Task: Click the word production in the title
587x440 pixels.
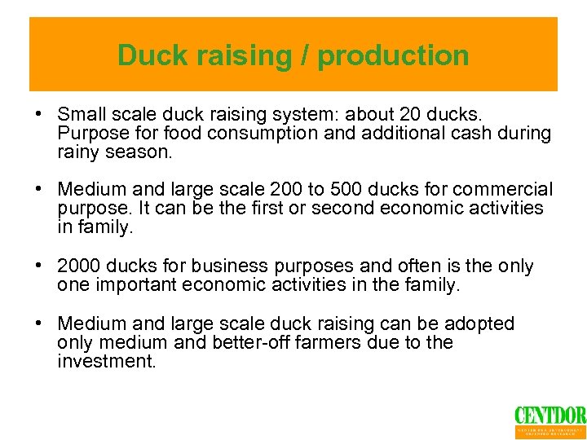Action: click(x=393, y=55)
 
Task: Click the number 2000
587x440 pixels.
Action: click(x=80, y=266)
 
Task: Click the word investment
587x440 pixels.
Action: click(x=106, y=361)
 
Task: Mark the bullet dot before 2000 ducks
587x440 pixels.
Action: click(x=38, y=266)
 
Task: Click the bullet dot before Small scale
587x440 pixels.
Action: click(x=38, y=113)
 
